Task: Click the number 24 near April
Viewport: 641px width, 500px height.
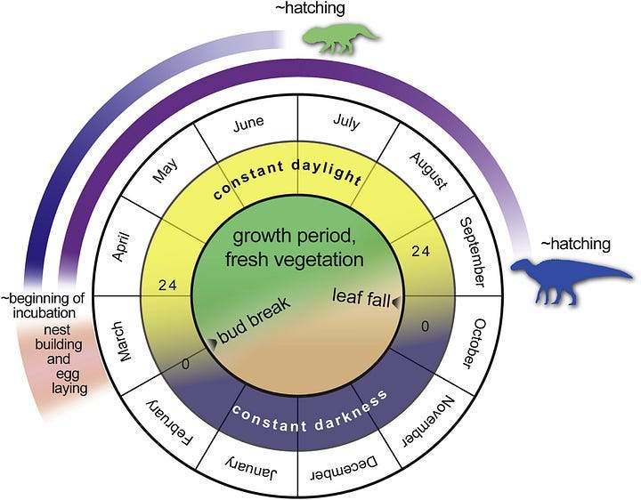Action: tap(167, 285)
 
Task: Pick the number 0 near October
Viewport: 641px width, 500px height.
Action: tap(426, 326)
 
